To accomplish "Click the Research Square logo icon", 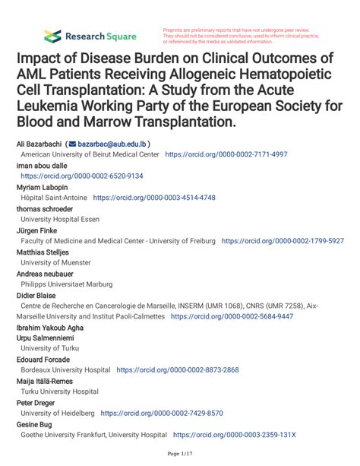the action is pyautogui.click(x=52, y=35).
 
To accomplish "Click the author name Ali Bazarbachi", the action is pyautogui.click(x=38, y=143).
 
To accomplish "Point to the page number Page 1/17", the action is pyautogui.click(x=179, y=453).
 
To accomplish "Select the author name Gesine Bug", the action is pyautogui.click(x=35, y=424).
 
